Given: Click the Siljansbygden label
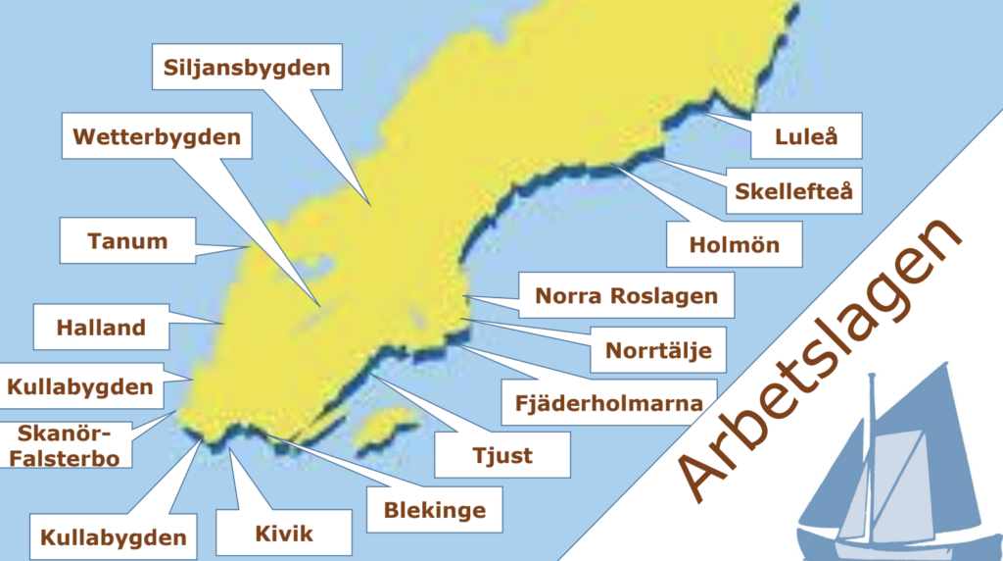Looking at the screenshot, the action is click(x=247, y=69).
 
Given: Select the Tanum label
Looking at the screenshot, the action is click(x=127, y=240).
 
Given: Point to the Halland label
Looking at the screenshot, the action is click(x=101, y=328).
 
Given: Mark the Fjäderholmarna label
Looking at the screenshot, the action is click(x=608, y=402).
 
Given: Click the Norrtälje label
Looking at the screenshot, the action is click(x=658, y=349).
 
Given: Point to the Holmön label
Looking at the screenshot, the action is click(x=735, y=244).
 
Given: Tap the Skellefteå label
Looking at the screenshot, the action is click(x=794, y=191).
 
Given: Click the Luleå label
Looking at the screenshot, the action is click(x=806, y=137).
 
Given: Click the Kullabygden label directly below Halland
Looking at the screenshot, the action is click(x=80, y=386).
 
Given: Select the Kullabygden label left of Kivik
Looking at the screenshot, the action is click(x=113, y=536).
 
